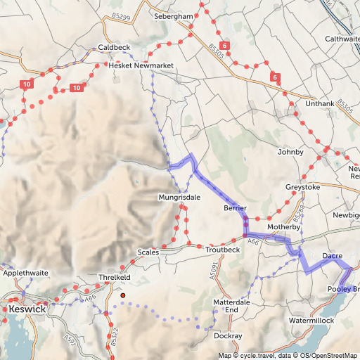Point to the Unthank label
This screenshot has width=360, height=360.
(320, 104)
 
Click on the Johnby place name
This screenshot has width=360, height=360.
(290, 152)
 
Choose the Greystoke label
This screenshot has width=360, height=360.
(302, 187)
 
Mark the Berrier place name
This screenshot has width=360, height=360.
(235, 209)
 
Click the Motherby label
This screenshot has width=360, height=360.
(283, 228)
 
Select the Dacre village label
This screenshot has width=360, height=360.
(332, 255)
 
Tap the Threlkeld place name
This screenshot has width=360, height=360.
(115, 278)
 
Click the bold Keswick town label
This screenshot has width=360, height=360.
(27, 309)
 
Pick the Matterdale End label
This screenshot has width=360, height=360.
(231, 306)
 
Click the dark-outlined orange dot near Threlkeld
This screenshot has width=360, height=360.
(122, 296)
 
